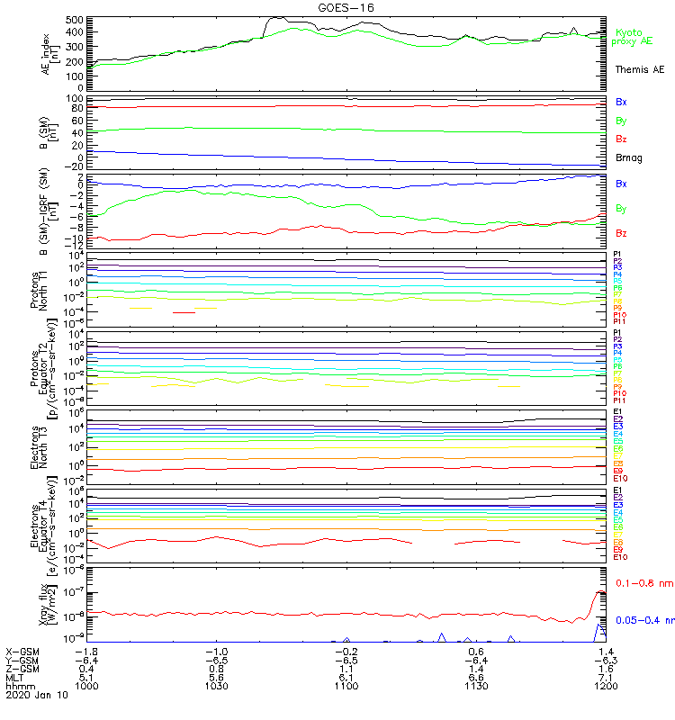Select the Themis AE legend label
pyautogui.click(x=639, y=69)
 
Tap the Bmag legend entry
pyautogui.click(x=629, y=157)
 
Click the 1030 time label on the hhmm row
pyautogui.click(x=216, y=686)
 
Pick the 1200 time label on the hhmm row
pyautogui.click(x=607, y=686)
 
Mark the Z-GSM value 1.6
pyautogui.click(x=607, y=668)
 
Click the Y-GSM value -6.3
pyautogui.click(x=605, y=660)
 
